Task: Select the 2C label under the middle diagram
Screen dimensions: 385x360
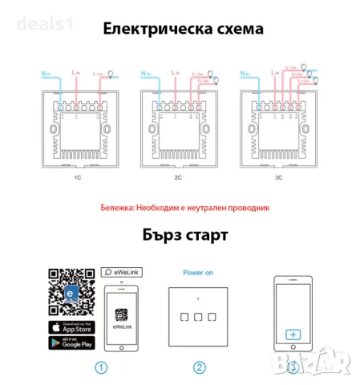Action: tap(181, 178)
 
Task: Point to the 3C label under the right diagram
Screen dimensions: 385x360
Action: tap(287, 178)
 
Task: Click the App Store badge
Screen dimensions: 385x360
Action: tap(71, 327)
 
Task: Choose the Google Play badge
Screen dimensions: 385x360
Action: tap(71, 344)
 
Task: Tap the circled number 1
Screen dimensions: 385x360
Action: tap(99, 367)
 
